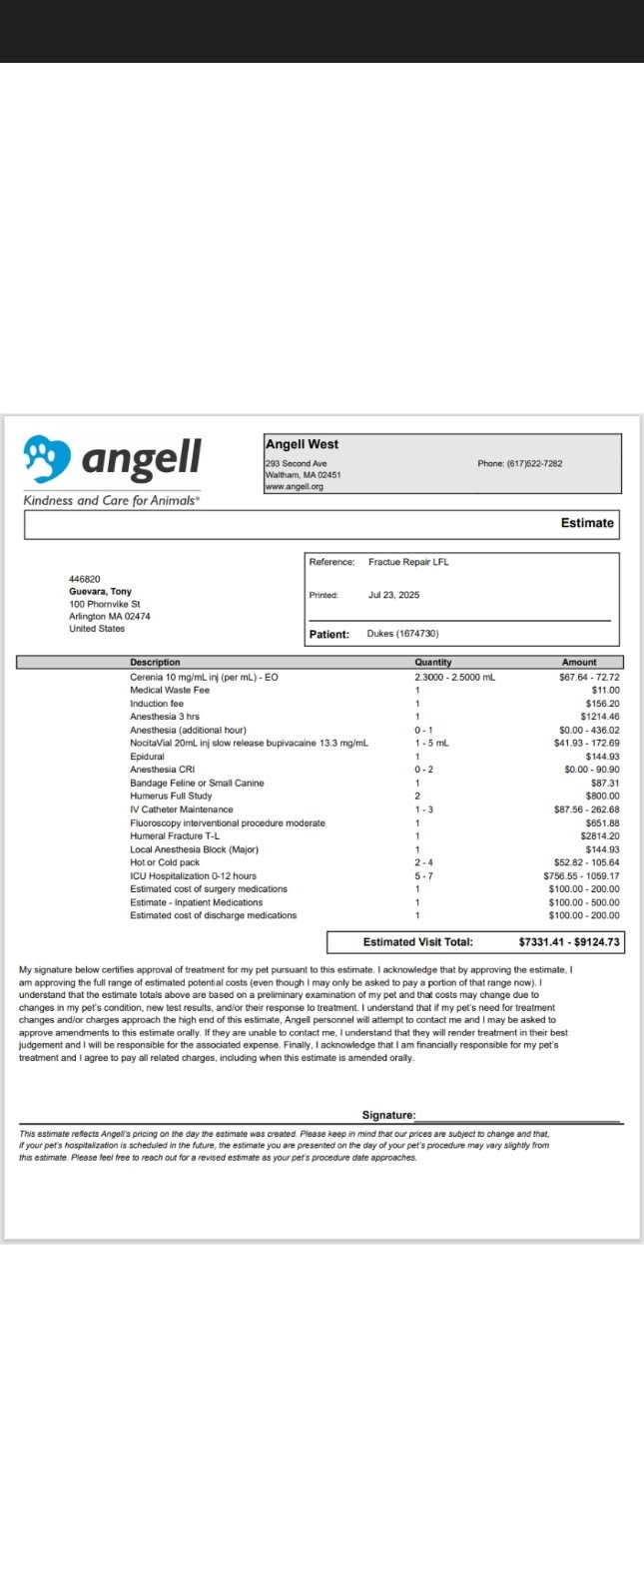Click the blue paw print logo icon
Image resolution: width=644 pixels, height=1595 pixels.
[47, 458]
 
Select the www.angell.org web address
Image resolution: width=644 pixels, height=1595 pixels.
[294, 486]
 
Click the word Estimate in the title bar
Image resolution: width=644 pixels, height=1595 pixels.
[587, 523]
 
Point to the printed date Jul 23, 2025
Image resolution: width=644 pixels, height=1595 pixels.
[393, 595]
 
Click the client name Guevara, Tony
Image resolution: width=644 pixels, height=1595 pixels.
[100, 592]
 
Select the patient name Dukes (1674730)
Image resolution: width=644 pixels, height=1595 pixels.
[402, 634]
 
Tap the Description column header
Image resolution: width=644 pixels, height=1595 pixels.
[155, 662]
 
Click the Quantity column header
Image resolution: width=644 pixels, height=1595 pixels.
[432, 662]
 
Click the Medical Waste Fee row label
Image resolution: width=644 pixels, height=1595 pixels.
[170, 690]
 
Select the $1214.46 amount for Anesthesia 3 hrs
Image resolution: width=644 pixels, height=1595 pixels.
[599, 717]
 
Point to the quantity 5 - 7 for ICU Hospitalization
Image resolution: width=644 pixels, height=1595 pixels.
[423, 875]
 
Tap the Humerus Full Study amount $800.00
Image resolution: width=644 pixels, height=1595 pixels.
[602, 797]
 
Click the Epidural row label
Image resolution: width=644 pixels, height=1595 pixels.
[147, 757]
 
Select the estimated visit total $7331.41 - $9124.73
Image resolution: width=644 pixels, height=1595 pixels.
[568, 942]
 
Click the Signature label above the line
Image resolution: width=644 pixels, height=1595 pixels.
[387, 1115]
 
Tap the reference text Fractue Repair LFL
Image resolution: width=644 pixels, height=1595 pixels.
[408, 562]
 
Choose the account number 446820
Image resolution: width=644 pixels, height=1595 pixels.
[84, 579]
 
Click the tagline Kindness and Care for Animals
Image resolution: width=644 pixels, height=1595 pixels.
[111, 500]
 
